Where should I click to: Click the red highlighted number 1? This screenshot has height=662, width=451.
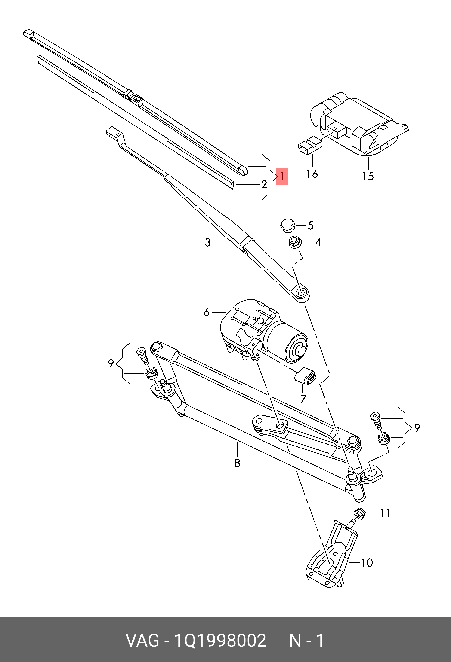(282, 176)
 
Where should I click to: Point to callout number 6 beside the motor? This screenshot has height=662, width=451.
(206, 312)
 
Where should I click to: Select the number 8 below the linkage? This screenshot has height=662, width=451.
(237, 463)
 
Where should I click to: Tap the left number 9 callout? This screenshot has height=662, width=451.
(111, 363)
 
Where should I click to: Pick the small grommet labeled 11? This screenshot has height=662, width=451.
(360, 513)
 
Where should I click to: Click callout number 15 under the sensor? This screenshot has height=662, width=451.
(368, 176)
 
